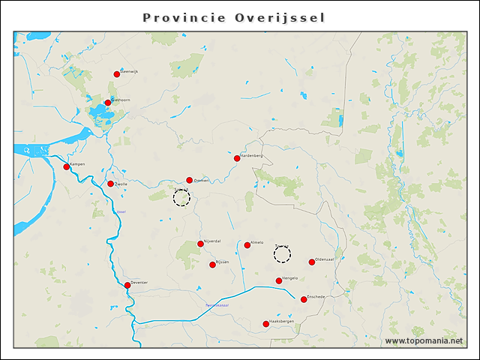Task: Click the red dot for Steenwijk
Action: pos(117,74)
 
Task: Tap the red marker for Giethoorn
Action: pos(108,103)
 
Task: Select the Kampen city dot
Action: pos(67,166)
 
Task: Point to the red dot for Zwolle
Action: pos(111,184)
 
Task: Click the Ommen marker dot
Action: pos(190,180)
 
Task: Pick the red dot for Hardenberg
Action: pos(237,158)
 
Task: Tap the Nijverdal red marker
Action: pos(200,244)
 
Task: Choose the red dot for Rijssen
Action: pos(213,264)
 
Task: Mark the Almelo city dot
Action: pos(247,245)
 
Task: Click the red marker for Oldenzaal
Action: pos(312,262)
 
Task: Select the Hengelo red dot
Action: pos(279,280)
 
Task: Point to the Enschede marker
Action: pos(304,299)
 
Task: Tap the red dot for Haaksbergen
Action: pos(266,324)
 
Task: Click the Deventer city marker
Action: pos(127,285)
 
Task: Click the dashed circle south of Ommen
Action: pos(181,198)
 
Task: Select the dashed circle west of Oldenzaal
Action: pos(282,255)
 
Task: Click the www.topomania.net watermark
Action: pos(424,341)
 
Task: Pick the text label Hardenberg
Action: pos(252,155)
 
